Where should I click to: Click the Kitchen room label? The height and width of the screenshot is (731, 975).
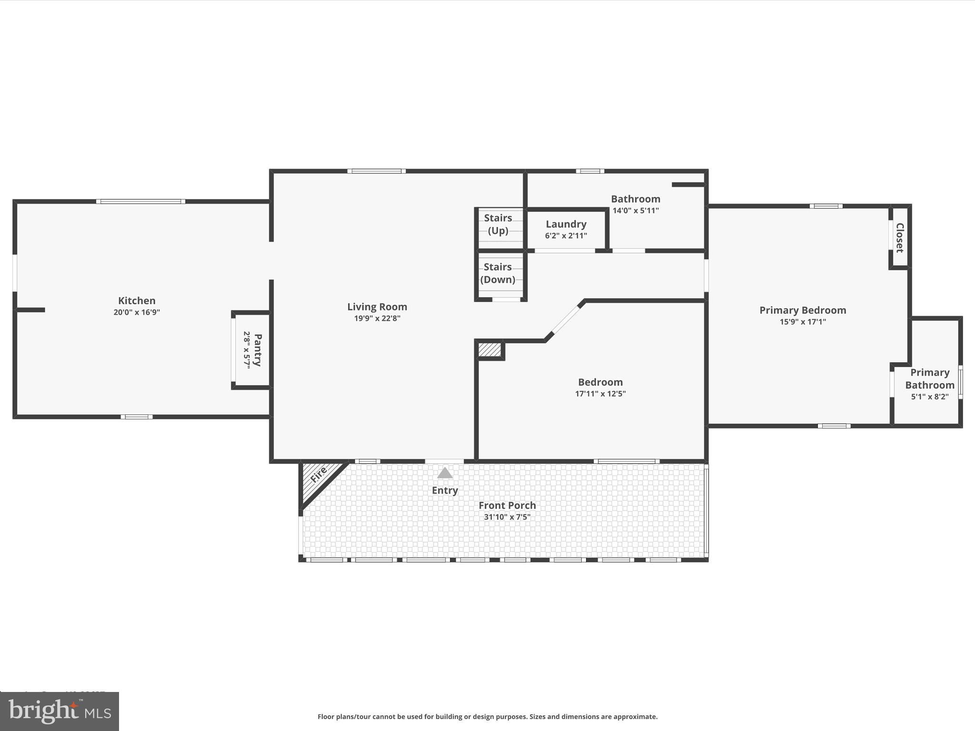click(137, 301)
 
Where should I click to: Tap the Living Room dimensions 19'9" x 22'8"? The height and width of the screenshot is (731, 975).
click(377, 318)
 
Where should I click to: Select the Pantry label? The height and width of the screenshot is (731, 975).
click(258, 350)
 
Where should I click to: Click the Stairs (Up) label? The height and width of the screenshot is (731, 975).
click(498, 224)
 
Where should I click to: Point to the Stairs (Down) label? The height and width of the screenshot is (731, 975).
click(497, 273)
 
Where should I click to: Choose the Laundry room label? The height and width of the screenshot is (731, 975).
click(566, 224)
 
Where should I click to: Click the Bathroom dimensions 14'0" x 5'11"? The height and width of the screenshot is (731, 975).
click(636, 210)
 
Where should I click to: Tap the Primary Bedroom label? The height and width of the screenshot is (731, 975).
click(803, 310)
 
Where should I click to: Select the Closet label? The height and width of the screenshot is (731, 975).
click(899, 237)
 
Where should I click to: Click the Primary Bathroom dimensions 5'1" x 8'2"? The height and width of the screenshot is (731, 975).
click(929, 397)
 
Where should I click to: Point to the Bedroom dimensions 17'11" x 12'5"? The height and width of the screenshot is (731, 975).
click(600, 394)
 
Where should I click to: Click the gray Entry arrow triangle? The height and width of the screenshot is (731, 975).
click(445, 473)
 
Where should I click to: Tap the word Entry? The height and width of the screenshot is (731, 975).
click(445, 490)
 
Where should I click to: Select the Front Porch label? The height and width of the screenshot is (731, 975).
click(507, 505)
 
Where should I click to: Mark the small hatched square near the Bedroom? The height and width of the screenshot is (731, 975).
click(489, 350)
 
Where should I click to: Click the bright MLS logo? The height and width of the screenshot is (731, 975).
click(60, 711)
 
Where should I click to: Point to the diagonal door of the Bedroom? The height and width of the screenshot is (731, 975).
click(565, 321)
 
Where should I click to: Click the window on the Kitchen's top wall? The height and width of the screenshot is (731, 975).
click(140, 202)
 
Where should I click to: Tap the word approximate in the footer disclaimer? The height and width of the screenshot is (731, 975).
click(635, 716)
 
